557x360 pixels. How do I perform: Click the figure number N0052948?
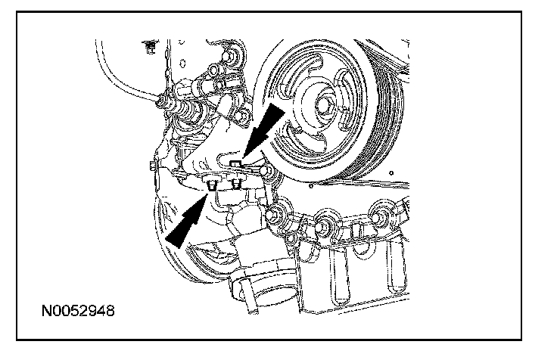click(x=79, y=311)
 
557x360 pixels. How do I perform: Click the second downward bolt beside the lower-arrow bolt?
click(x=236, y=184)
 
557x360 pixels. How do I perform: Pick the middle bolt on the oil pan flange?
click(x=325, y=225)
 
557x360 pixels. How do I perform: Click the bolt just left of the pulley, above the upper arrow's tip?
click(x=241, y=114)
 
